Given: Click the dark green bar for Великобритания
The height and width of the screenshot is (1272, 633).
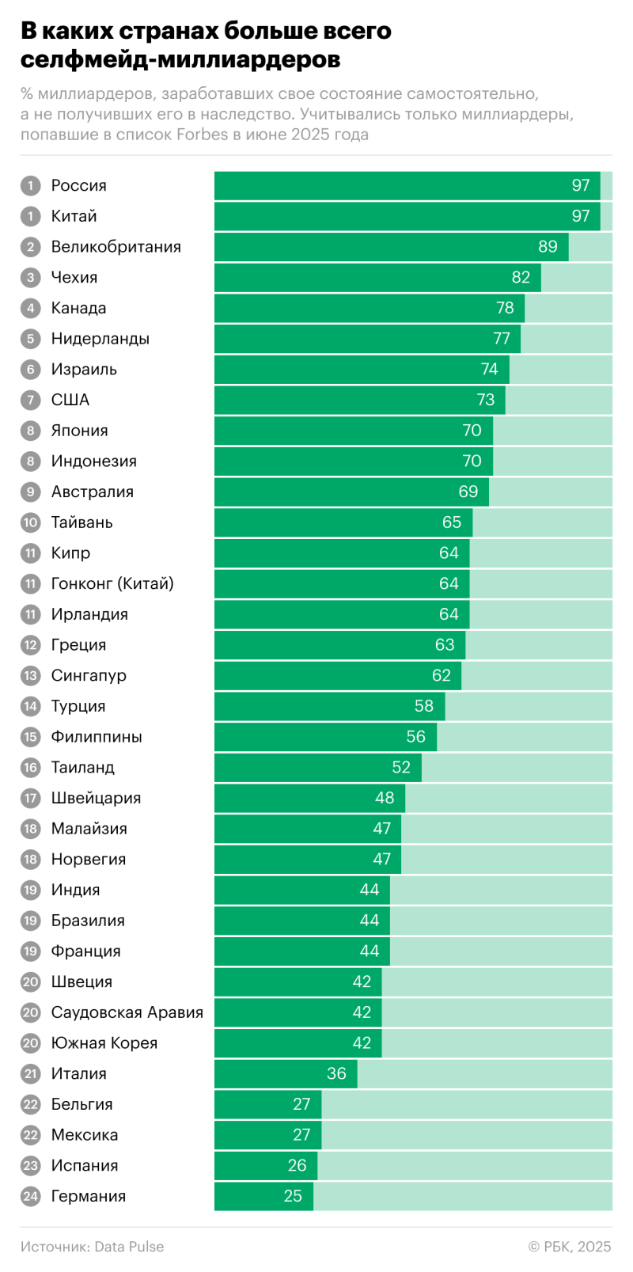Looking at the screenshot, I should click(391, 247).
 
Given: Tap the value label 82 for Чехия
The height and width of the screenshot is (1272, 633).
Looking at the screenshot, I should click(521, 277).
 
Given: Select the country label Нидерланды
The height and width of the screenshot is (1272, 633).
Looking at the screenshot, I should click(100, 339).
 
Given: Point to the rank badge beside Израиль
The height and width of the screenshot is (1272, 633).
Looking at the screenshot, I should click(31, 370).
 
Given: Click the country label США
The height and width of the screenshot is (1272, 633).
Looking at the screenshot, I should click(70, 400).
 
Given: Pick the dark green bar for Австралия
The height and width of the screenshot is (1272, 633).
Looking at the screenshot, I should click(351, 492).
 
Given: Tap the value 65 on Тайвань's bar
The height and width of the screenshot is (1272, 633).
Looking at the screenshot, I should click(452, 522).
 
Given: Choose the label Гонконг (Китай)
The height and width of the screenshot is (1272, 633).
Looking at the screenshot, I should click(112, 583).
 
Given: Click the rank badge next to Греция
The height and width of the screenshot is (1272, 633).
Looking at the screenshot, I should click(31, 645).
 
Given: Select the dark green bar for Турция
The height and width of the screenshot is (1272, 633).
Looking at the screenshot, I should click(329, 706).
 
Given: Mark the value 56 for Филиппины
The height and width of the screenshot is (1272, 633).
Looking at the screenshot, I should click(416, 737).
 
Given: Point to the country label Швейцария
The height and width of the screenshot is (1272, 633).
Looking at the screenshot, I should click(96, 798).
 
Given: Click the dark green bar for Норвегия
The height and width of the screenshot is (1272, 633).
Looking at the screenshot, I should click(307, 860).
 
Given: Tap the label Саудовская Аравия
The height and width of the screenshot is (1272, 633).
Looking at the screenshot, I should click(127, 1012).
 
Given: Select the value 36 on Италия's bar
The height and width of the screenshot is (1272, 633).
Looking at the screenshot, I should click(336, 1073).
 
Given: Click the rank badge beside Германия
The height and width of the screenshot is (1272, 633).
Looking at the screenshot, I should click(31, 1196).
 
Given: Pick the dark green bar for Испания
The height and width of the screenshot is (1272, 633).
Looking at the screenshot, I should click(265, 1166).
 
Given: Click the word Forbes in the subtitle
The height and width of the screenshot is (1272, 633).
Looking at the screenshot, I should click(202, 135).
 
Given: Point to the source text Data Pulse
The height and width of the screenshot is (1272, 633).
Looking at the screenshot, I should click(129, 1247).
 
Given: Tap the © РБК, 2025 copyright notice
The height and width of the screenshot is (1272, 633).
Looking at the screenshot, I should click(570, 1247).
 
